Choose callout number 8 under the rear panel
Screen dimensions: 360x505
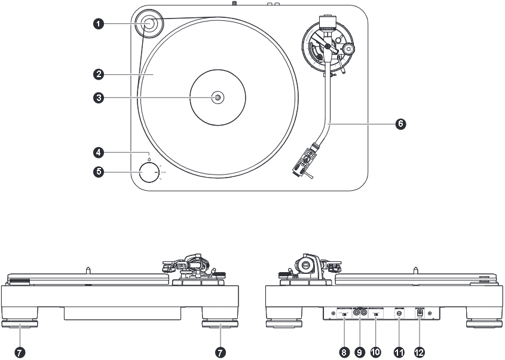coord(344,353)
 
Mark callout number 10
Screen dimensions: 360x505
coord(376,353)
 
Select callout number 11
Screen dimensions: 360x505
coord(399,353)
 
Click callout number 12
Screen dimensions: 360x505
coord(419,353)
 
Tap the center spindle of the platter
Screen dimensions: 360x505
coord(217,97)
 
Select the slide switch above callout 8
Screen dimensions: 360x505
coord(345,314)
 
